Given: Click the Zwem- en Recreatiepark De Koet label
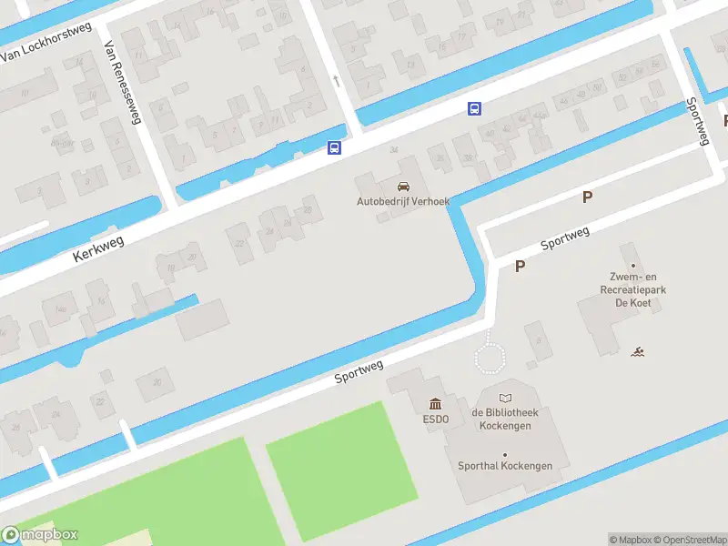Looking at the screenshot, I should (634, 289).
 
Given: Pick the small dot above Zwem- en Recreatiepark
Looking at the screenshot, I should (634, 266).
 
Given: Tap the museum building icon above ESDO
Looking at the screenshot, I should (435, 404).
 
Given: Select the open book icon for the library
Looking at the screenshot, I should (505, 398).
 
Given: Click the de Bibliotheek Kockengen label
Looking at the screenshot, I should (505, 419).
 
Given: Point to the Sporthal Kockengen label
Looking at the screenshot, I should (505, 466).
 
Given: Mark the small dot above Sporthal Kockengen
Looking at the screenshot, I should (505, 454).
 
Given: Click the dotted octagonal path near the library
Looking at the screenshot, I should (492, 354).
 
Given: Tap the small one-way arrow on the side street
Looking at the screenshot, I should (337, 81).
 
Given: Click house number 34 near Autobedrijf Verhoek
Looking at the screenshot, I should (393, 150).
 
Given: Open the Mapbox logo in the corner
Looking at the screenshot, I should (40, 535).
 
